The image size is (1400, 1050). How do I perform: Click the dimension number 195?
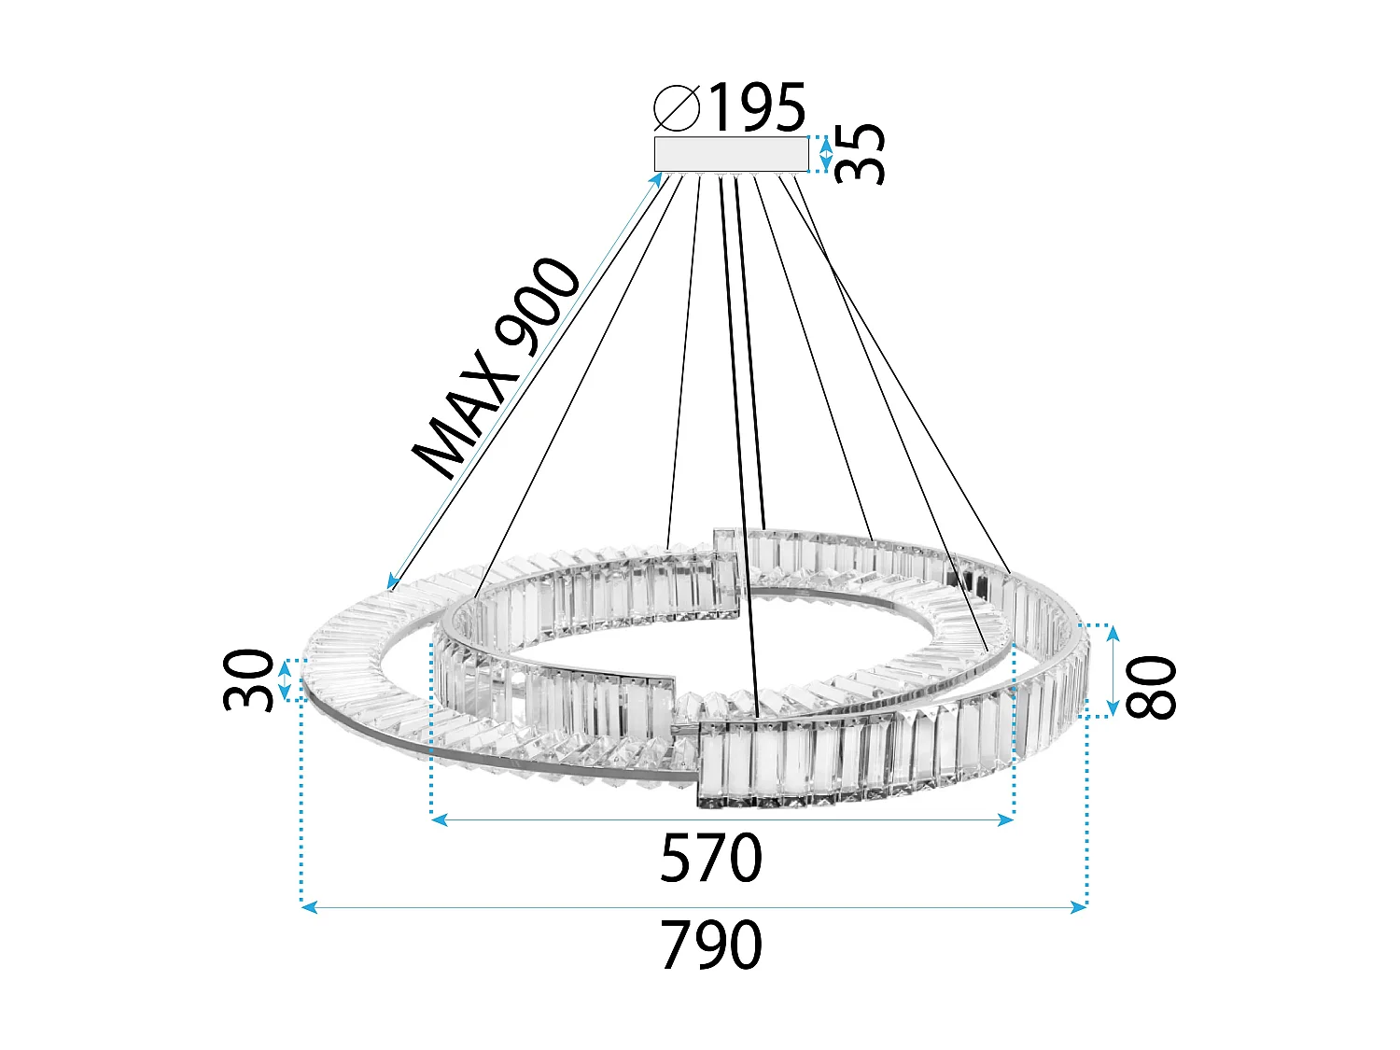(757, 107)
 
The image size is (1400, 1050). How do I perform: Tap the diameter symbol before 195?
(677, 107)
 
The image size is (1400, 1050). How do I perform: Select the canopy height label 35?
(860, 154)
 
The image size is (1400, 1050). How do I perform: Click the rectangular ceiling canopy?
(731, 154)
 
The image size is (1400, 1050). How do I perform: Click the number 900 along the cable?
(537, 305)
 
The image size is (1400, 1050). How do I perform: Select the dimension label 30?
(249, 679)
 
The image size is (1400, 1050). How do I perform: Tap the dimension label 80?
(1152, 687)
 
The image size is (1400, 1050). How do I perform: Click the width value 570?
(711, 859)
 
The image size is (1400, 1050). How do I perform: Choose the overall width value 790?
(711, 945)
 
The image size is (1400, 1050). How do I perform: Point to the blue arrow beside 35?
(825, 154)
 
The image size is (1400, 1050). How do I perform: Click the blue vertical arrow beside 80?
(1113, 671)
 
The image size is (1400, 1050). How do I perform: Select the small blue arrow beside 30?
(286, 679)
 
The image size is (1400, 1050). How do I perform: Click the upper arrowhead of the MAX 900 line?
(663, 179)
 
